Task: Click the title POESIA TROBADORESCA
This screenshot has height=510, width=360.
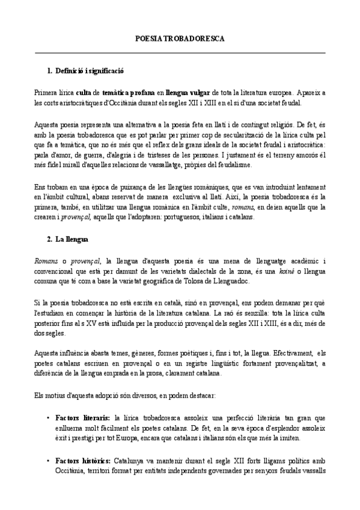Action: click(180, 38)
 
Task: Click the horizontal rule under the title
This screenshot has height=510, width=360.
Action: click(180, 53)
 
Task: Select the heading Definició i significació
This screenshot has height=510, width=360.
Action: click(89, 71)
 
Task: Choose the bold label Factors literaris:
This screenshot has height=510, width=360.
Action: click(82, 417)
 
